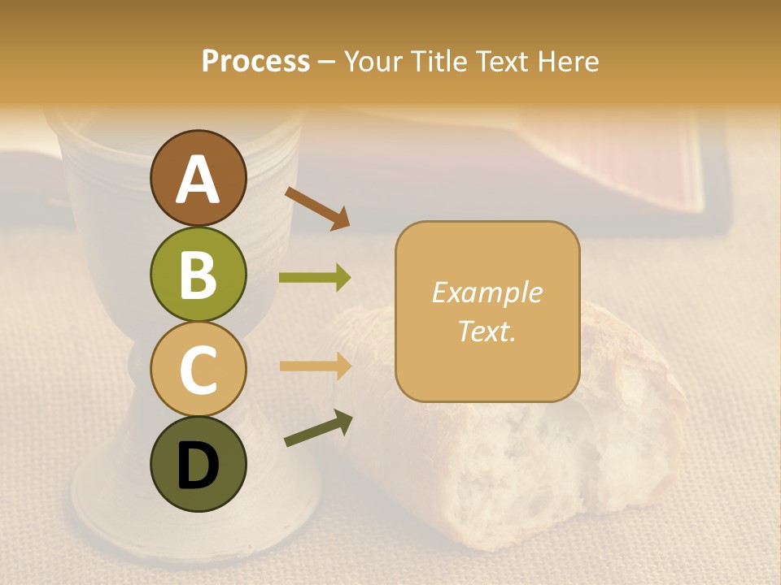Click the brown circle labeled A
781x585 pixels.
199,179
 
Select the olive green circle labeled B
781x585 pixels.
199,274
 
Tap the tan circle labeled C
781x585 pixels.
199,369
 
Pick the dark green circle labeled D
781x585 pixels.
199,464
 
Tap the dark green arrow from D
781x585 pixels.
317,429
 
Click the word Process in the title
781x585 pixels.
255,62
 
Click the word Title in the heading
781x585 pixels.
438,62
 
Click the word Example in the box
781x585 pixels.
487,292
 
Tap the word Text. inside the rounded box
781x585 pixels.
487,331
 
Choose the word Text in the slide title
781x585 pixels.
503,62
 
